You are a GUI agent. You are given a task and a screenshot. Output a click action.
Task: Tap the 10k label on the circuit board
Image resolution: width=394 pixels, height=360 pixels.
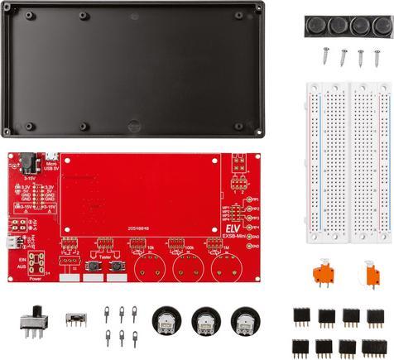pos(150,247)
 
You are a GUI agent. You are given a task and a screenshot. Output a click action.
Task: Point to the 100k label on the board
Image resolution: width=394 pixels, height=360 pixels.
pos(189,247)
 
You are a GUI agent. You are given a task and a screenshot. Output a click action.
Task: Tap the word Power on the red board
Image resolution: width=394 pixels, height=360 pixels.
pos(35,279)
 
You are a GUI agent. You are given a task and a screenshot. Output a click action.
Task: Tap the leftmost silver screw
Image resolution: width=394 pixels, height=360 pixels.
pos(324,55)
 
